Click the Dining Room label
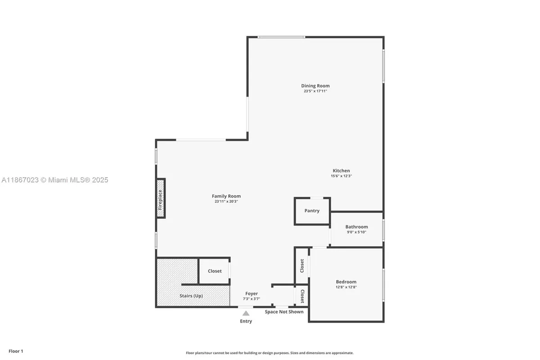315,85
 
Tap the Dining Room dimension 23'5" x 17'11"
315,91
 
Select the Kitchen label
341,171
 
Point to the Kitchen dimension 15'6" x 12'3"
341,176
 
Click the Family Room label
226,196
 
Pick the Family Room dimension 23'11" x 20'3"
226,202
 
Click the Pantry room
312,211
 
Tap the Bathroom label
356,227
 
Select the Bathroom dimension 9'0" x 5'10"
356,232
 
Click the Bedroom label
346,282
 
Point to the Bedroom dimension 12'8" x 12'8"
346,287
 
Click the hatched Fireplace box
161,198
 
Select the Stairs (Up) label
191,296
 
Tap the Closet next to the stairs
215,271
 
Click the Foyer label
252,293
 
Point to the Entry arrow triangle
246,313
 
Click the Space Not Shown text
284,311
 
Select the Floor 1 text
15,351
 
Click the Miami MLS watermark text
55,180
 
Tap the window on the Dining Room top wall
282,37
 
